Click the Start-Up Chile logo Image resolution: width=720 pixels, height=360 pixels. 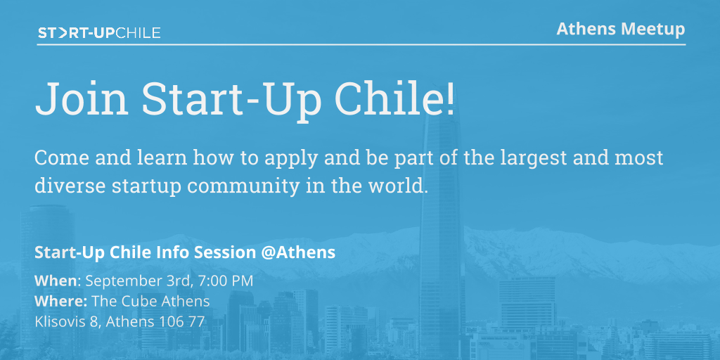point(99,33)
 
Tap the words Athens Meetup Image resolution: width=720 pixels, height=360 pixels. point(620,29)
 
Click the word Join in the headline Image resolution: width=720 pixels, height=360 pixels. point(82,99)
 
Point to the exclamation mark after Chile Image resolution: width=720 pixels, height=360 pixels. point(450,98)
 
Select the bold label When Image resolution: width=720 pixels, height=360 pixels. point(56,281)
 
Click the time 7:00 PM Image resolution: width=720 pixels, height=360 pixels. point(226,281)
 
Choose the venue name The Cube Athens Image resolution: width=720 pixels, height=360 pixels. point(150,301)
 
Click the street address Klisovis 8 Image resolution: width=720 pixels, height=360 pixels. point(67,321)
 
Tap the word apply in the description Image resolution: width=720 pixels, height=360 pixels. point(292,159)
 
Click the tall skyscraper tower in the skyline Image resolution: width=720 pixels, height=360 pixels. point(442,230)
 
